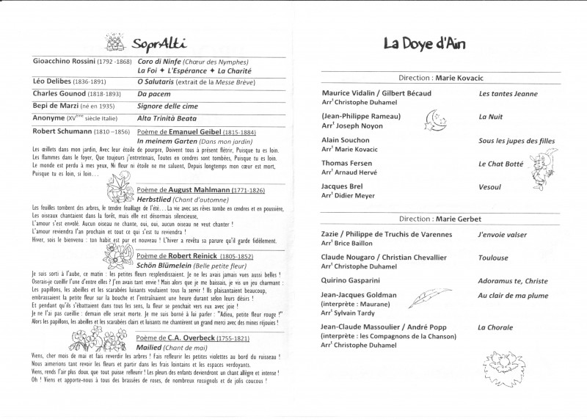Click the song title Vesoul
pyautogui.click(x=489, y=187)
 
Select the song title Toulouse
pyautogui.click(x=492, y=258)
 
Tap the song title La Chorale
pyautogui.click(x=496, y=327)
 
